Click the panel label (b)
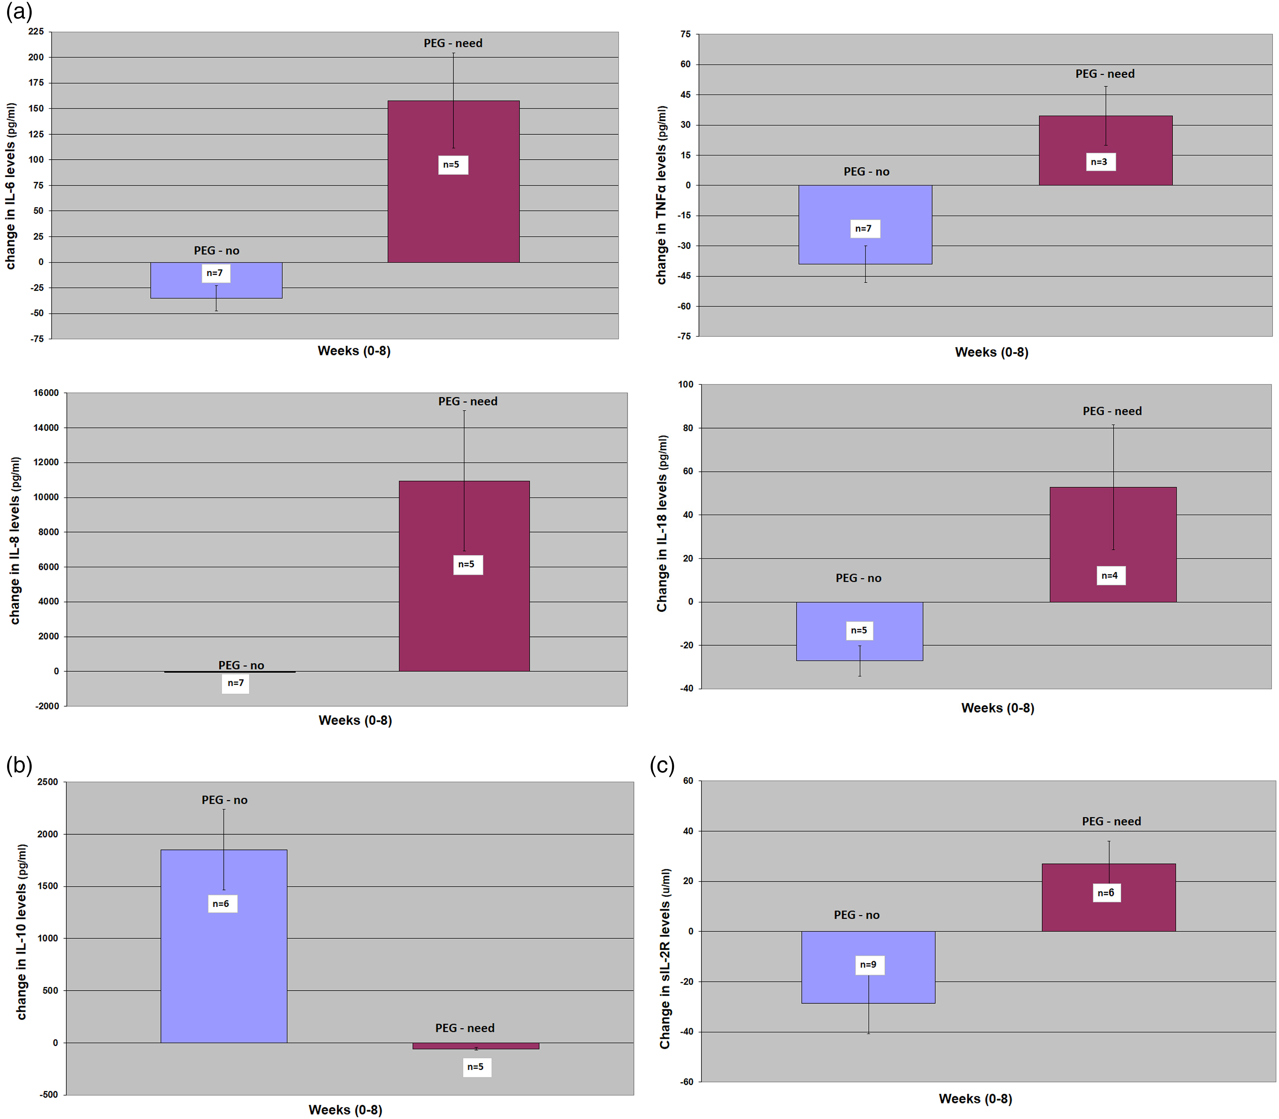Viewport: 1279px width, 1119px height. (19, 765)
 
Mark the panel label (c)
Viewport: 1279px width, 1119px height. (662, 765)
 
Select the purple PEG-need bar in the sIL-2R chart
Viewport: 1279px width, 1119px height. (1109, 897)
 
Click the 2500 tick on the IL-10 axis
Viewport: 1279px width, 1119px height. (47, 782)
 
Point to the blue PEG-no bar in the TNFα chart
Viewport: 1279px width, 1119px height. (865, 224)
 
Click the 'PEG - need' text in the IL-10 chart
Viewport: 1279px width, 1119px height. (465, 1028)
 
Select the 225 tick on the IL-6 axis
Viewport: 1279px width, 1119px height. (36, 32)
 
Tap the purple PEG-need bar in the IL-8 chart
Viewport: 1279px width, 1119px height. (464, 576)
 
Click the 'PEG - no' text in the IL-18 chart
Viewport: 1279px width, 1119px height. (859, 578)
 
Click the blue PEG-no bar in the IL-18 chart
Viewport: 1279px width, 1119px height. (860, 631)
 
